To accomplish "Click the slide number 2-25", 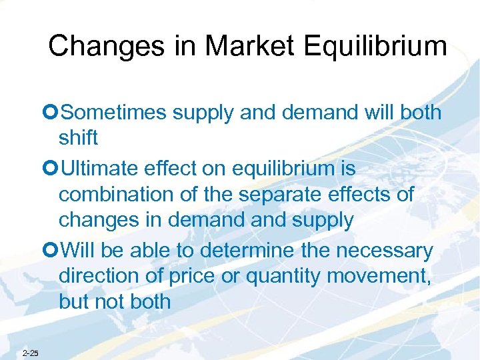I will coord(30,353).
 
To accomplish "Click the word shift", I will coord(78,138).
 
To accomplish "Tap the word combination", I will coord(117,195).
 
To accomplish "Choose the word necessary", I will coord(385,251).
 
